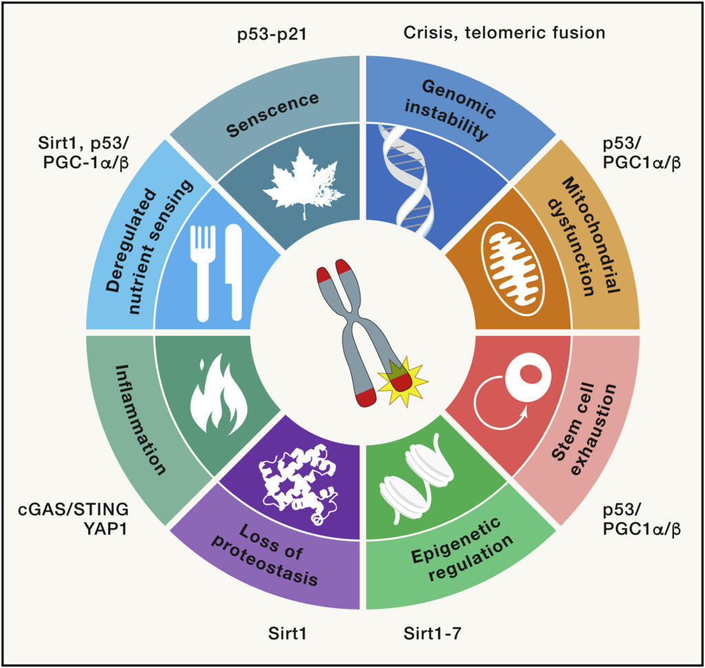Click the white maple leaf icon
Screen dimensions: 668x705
coord(304,185)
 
